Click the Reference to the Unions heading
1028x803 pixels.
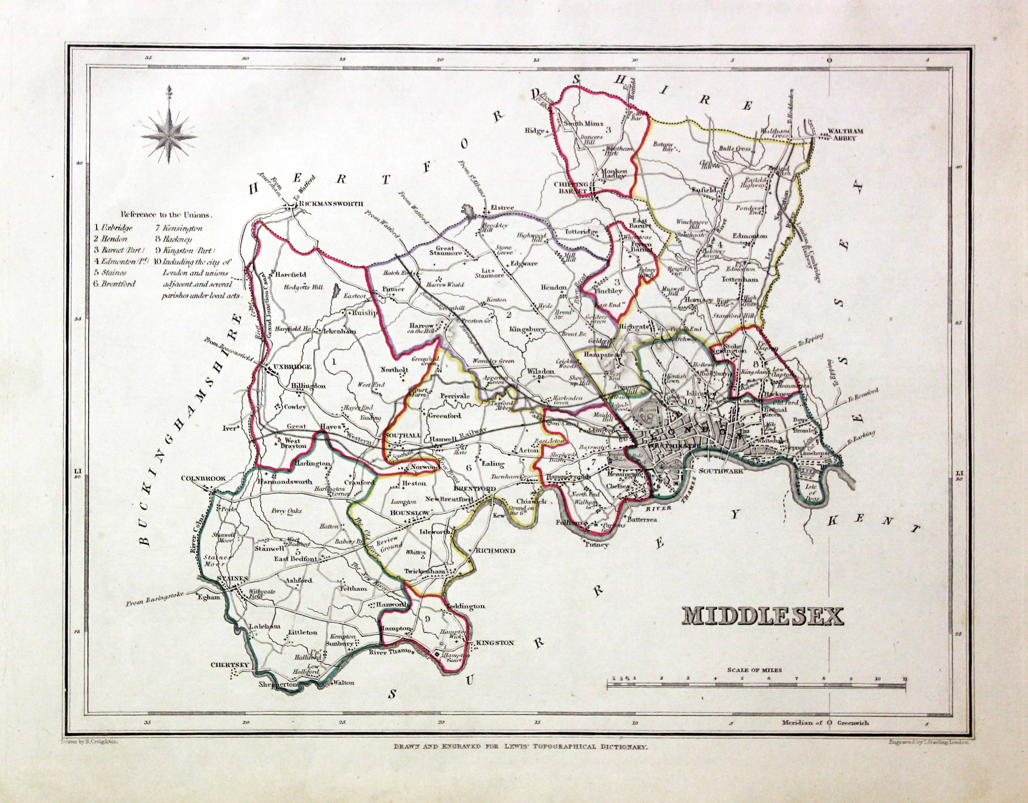point(166,214)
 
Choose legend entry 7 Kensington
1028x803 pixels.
point(178,228)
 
